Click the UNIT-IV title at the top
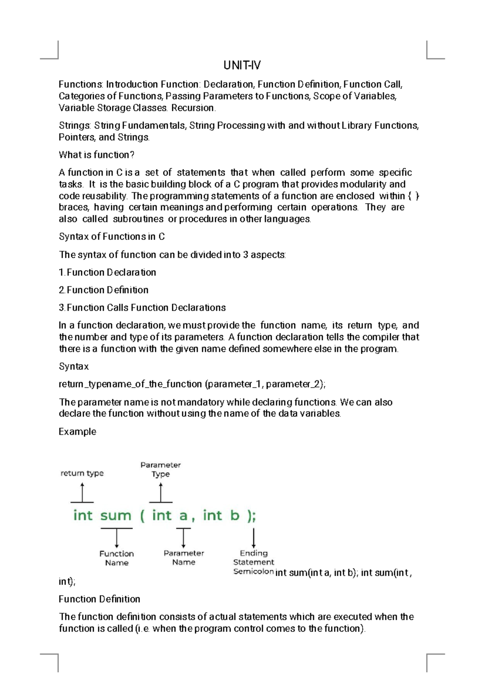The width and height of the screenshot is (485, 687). [x=242, y=65]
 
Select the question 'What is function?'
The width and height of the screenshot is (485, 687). [x=97, y=155]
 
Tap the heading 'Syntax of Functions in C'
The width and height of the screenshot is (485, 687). [x=112, y=237]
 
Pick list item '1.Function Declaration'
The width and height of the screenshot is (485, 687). [x=108, y=272]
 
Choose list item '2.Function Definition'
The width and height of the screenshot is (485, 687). [x=104, y=290]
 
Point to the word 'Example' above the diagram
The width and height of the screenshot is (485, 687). [x=78, y=432]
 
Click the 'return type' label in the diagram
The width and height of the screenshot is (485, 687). [x=82, y=473]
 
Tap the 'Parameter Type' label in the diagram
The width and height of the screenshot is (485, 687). [x=160, y=470]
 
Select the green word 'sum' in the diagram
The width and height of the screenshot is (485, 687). [x=116, y=515]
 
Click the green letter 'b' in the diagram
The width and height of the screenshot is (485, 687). [x=234, y=515]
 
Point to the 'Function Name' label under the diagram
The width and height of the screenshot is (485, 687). [x=116, y=558]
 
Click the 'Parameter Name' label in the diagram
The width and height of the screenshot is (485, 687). [x=184, y=558]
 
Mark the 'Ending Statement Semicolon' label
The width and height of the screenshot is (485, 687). [x=253, y=562]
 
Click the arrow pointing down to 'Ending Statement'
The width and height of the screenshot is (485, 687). [x=254, y=539]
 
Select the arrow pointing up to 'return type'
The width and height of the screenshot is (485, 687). [x=82, y=493]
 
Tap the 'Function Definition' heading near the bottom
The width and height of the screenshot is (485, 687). [x=99, y=599]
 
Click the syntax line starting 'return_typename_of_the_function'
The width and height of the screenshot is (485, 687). [x=192, y=384]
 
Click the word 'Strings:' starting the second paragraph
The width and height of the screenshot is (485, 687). [x=75, y=126]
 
